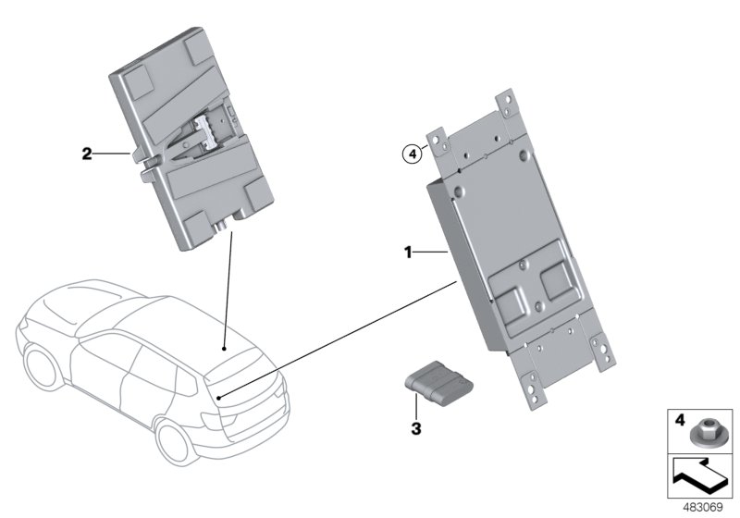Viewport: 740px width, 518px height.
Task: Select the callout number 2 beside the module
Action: coord(87,154)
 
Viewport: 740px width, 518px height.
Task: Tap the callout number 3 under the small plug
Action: coord(416,428)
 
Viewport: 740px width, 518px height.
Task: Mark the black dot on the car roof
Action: coord(224,350)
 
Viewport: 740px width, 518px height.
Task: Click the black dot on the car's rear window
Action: coord(219,397)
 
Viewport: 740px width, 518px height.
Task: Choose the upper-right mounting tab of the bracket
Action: coord(506,104)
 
